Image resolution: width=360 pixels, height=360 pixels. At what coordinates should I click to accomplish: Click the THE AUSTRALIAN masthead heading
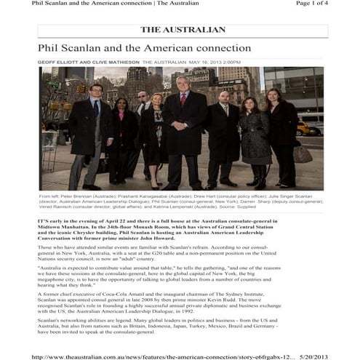183,30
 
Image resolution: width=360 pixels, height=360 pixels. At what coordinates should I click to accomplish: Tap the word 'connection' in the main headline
218,48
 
